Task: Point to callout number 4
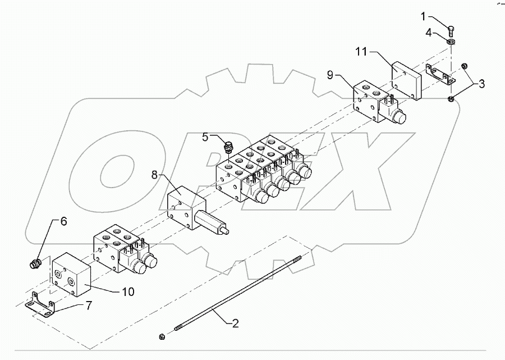428,33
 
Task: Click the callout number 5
205,136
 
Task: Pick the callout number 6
63,221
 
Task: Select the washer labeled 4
451,42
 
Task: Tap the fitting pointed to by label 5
228,148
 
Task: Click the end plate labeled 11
405,82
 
